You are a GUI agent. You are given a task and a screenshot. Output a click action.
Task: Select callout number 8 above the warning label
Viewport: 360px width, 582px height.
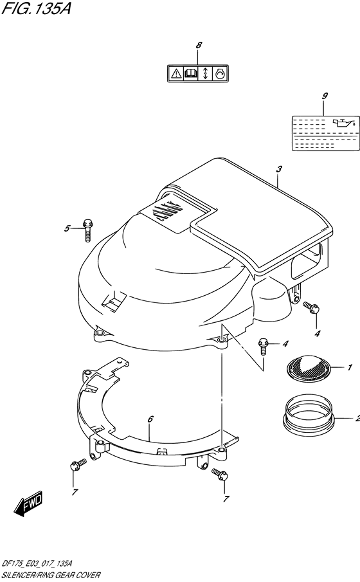[199, 45]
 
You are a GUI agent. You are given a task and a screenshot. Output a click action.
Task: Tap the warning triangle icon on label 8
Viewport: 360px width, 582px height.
[175, 74]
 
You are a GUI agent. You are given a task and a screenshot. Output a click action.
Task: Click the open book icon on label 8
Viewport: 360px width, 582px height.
[191, 74]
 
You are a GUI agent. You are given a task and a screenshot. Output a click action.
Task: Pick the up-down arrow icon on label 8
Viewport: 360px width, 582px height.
[205, 74]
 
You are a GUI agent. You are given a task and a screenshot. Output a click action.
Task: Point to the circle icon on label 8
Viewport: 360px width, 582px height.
[219, 74]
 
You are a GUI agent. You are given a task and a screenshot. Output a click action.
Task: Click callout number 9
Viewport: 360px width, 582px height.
[325, 96]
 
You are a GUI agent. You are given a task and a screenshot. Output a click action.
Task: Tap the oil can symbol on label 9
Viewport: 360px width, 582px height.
[344, 122]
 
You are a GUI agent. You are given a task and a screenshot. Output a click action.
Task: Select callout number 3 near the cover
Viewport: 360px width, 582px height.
[278, 169]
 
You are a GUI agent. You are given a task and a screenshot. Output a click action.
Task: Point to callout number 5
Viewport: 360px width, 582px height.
[66, 228]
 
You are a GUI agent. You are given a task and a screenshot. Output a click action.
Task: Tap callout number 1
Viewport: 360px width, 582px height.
[350, 368]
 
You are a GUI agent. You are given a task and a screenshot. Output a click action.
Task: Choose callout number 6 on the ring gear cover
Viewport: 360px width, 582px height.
[150, 419]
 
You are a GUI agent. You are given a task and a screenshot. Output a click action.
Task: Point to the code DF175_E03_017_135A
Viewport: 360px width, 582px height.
[46, 562]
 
